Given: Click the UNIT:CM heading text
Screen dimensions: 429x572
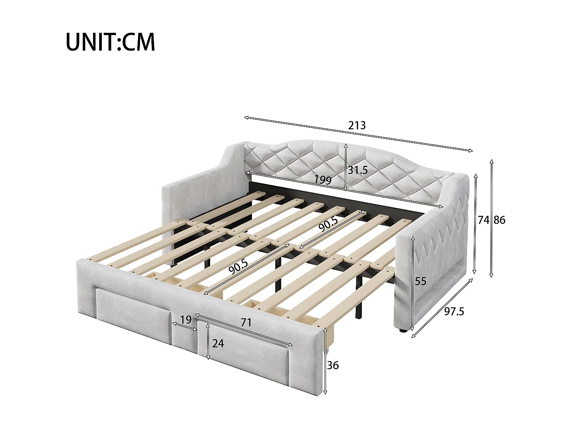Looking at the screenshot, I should pyautogui.click(x=110, y=42).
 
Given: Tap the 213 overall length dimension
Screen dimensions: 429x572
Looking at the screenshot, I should pyautogui.click(x=357, y=125).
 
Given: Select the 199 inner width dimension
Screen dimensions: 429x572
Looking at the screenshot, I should pyautogui.click(x=323, y=180).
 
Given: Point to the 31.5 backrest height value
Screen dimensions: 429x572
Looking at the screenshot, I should pyautogui.click(x=357, y=170).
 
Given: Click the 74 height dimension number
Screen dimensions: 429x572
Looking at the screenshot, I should pyautogui.click(x=483, y=220).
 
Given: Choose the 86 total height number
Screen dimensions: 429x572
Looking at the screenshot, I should pyautogui.click(x=499, y=220).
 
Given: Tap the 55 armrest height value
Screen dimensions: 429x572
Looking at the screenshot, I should pyautogui.click(x=420, y=281).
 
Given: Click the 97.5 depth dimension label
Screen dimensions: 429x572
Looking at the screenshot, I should pyautogui.click(x=454, y=312).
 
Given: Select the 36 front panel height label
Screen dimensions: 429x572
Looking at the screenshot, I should pyautogui.click(x=333, y=365).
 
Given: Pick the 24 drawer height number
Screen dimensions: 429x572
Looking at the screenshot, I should pyautogui.click(x=218, y=344).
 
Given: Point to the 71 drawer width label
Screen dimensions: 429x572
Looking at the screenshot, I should pyautogui.click(x=246, y=323).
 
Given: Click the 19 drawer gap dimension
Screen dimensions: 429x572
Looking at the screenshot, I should pyautogui.click(x=186, y=320).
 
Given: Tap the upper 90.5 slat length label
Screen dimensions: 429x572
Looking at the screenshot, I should pyautogui.click(x=328, y=224).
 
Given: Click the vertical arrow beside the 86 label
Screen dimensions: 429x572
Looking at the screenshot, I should pyautogui.click(x=492, y=218).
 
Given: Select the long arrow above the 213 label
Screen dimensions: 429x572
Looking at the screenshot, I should pyautogui.click(x=358, y=134).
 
